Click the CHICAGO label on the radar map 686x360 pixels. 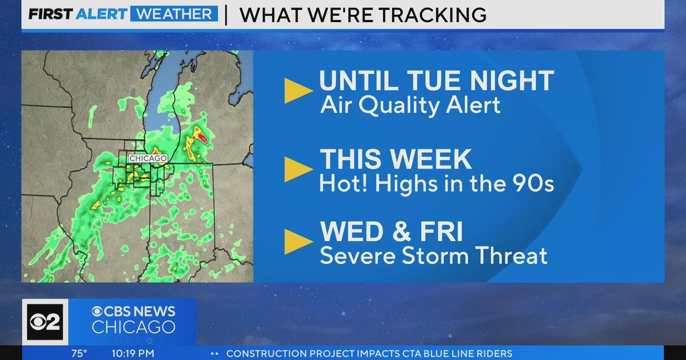[x=148, y=158]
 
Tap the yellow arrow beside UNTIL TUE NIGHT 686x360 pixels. [x=297, y=91]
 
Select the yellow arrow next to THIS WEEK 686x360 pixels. [x=297, y=169]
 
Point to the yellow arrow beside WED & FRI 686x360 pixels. [x=297, y=241]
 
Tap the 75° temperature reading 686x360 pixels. [x=79, y=354]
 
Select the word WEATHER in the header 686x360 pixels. [x=174, y=14]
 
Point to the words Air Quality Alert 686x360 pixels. [x=410, y=105]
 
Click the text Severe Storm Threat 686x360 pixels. [x=433, y=255]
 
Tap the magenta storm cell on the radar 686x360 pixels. [x=202, y=138]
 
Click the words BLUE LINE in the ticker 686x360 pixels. [x=439, y=354]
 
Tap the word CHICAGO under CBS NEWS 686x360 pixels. [x=133, y=327]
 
